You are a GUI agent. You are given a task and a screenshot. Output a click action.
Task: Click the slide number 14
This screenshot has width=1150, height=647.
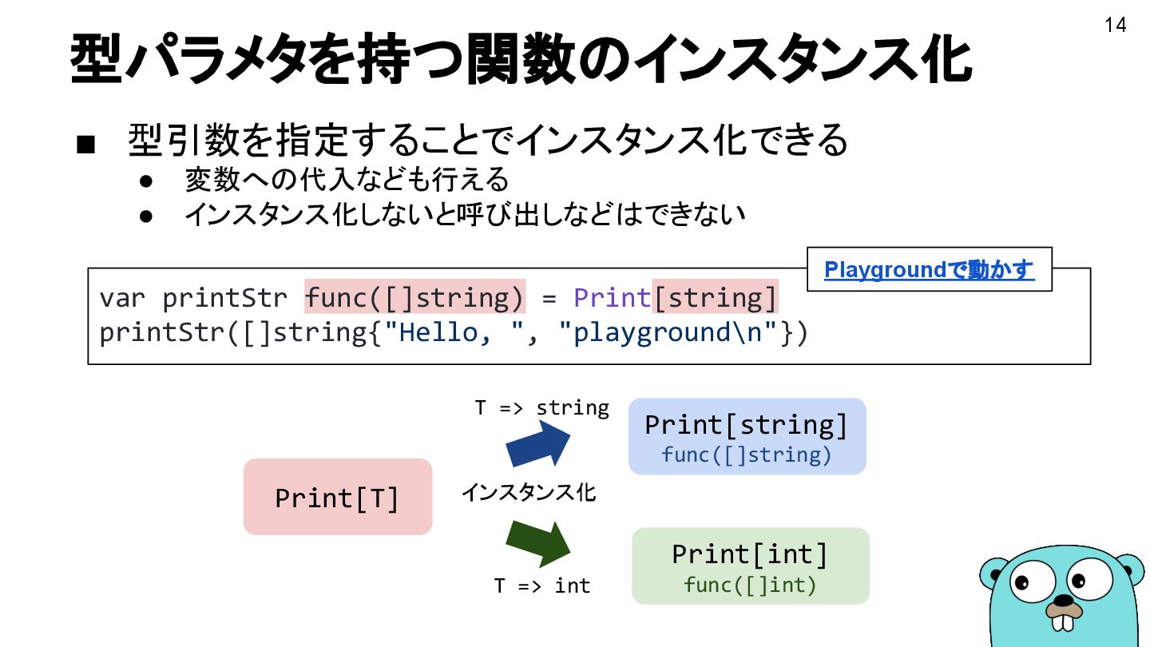1115,26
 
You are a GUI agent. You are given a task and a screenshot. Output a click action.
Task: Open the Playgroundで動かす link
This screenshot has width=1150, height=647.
929,270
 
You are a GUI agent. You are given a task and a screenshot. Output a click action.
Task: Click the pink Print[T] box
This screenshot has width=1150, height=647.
337,497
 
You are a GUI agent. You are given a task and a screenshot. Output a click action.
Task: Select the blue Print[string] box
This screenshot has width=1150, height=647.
747,436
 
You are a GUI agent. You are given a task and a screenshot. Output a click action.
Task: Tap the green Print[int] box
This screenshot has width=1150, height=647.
750,566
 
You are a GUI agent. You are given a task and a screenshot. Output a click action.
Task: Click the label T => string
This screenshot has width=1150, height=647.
541,408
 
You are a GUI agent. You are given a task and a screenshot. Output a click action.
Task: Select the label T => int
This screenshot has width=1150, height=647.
541,586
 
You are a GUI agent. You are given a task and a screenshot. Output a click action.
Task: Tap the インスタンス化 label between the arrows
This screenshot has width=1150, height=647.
528,493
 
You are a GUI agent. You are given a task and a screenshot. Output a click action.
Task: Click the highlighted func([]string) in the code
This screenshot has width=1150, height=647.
414,298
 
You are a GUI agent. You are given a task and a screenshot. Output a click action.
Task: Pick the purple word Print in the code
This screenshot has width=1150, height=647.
613,298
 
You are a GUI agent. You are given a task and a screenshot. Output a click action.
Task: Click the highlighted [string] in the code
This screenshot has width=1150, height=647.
715,298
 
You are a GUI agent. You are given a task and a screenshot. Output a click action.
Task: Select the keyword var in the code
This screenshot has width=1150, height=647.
122,298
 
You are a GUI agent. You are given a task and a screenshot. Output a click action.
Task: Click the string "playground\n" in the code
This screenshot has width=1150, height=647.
675,332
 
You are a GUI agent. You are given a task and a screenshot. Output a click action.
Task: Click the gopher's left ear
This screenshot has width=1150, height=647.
994,573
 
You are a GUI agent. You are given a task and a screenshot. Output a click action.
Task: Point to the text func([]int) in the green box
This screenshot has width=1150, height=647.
750,585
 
